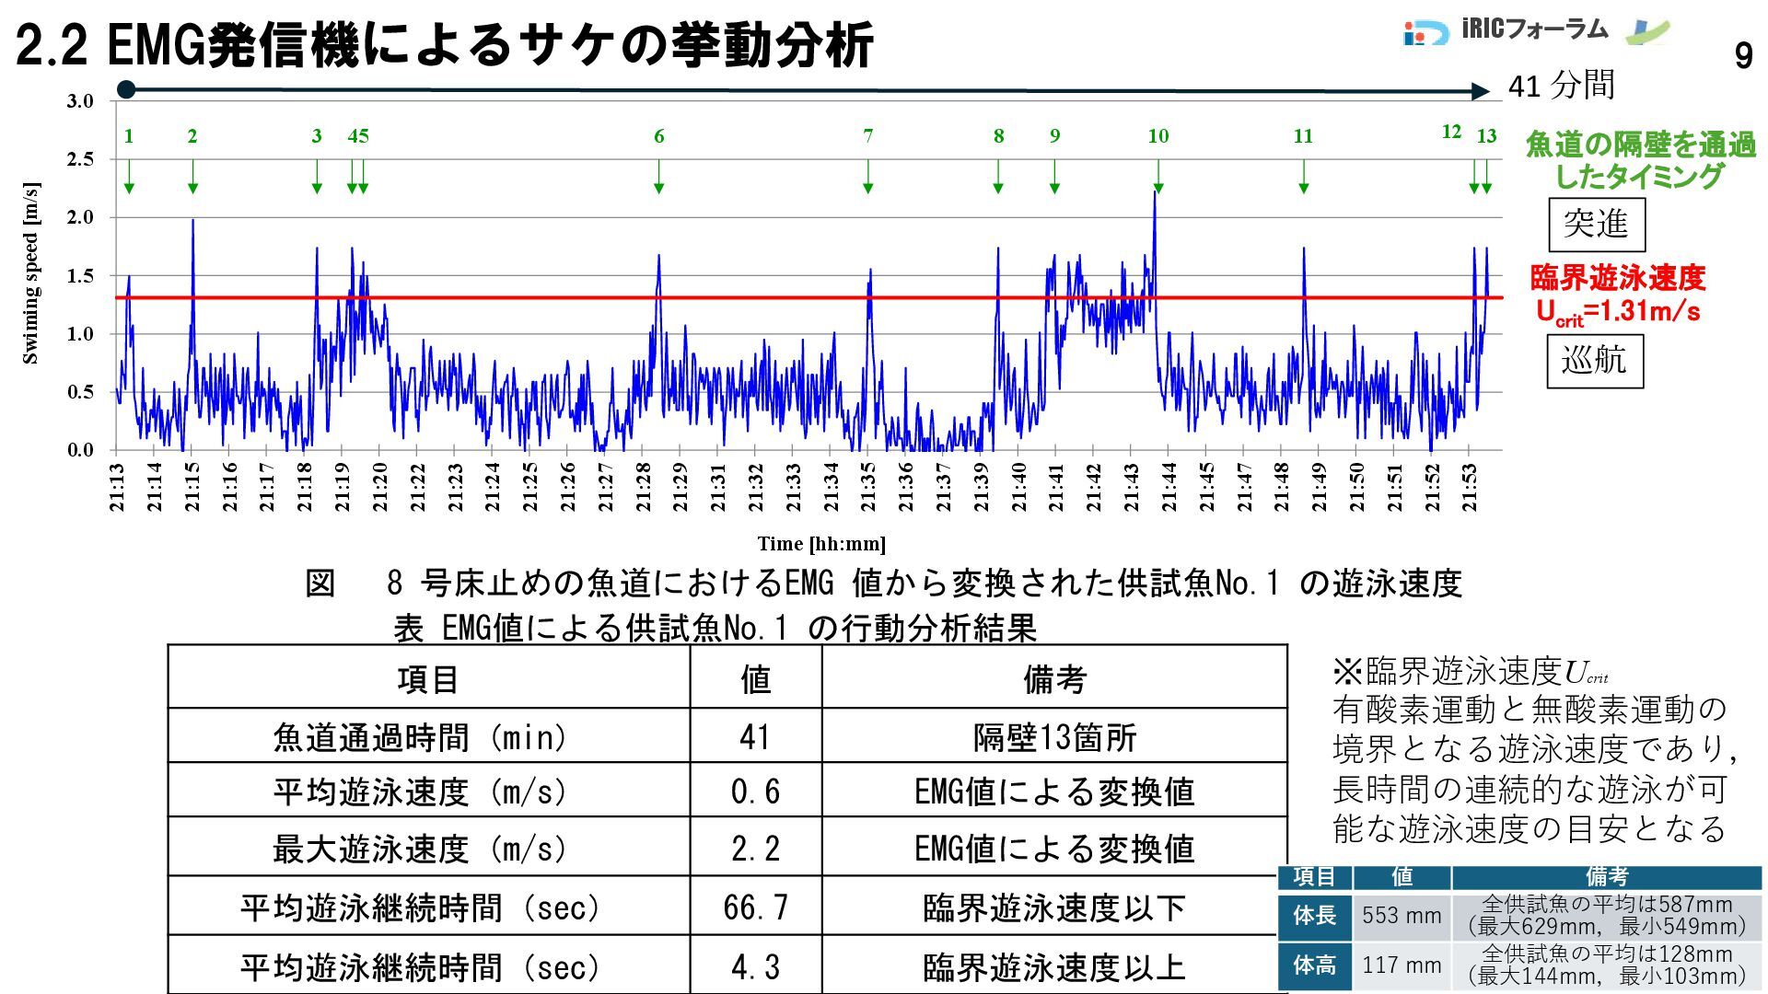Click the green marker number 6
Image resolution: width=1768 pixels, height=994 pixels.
(658, 136)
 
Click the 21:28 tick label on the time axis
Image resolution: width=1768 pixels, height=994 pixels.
(643, 487)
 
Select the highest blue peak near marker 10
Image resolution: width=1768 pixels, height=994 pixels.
(1155, 193)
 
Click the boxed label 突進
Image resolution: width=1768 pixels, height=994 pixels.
(1596, 224)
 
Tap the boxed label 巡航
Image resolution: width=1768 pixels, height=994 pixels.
(1594, 360)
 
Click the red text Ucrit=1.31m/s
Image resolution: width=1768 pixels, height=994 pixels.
(1618, 311)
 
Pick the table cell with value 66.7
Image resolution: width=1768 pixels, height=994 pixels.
(755, 907)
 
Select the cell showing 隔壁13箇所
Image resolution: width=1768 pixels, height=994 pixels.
(1054, 737)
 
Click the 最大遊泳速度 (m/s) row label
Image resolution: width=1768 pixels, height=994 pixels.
(420, 848)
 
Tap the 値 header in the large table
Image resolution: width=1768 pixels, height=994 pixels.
(755, 679)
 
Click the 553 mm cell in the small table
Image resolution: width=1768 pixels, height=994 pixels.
(1402, 916)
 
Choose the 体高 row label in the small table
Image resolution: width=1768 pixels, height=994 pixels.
(1314, 965)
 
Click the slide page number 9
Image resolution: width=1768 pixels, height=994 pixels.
(1743, 57)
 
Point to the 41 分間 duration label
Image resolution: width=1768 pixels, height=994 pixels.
(1562, 86)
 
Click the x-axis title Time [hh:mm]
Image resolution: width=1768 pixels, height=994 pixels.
(821, 544)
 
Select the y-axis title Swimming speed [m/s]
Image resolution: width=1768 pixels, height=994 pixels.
(30, 274)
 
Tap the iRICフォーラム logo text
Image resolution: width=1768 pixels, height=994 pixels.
(1534, 29)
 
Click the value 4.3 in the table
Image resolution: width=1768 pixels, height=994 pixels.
(755, 966)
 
